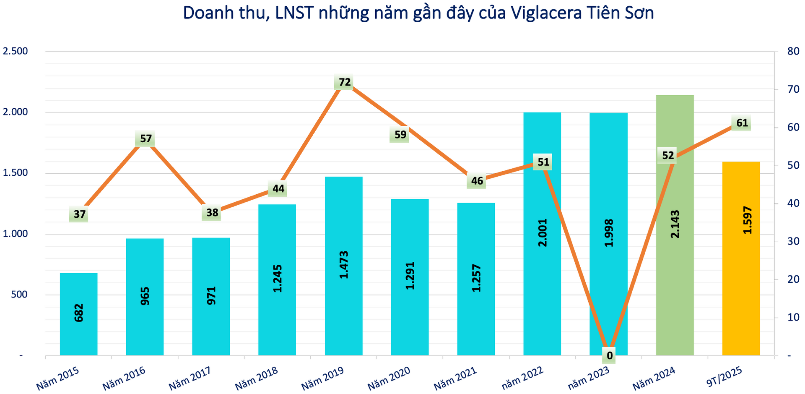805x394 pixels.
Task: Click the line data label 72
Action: [344, 82]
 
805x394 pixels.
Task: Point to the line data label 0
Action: [609, 356]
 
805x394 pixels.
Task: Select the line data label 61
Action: [742, 123]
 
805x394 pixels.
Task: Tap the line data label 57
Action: [145, 138]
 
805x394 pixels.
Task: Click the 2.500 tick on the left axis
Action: [15, 51]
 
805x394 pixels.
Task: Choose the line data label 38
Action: [212, 213]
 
